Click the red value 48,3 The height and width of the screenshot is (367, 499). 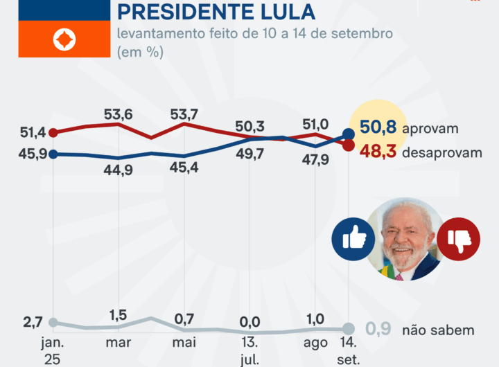(378, 152)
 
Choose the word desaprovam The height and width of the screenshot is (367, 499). (441, 152)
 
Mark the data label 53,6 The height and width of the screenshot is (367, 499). (118, 96)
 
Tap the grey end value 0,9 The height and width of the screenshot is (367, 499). (378, 330)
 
